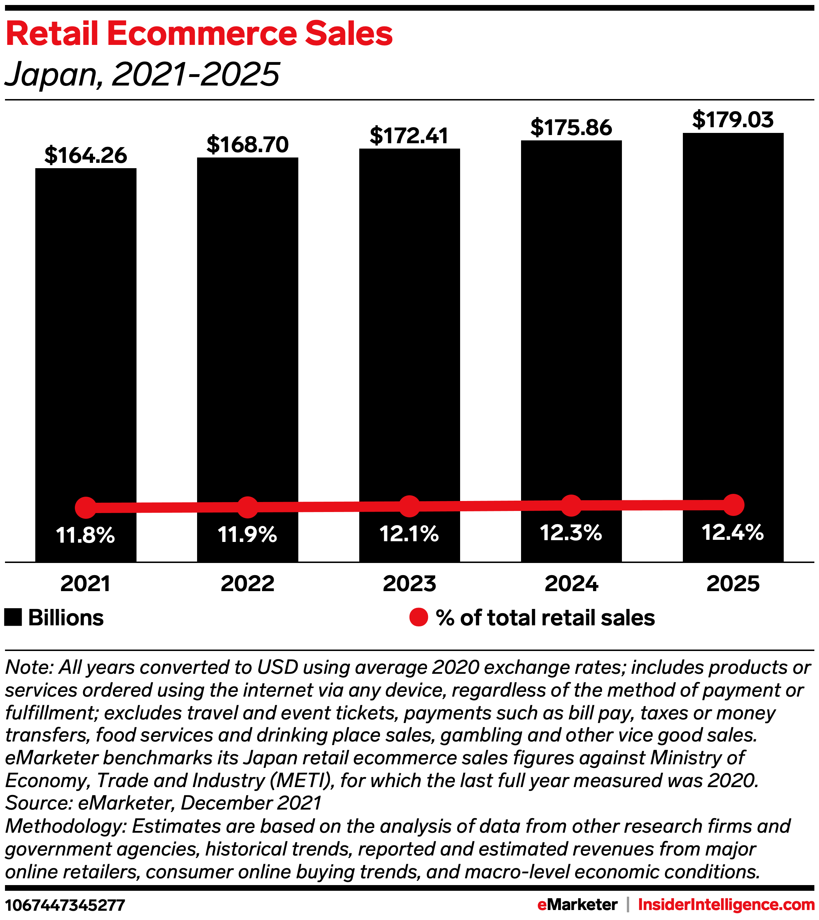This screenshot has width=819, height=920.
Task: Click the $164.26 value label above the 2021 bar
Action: [86, 155]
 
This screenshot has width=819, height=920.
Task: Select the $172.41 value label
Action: [409, 136]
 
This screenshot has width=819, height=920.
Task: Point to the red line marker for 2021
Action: [86, 508]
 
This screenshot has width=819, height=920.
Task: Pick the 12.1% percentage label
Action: [409, 534]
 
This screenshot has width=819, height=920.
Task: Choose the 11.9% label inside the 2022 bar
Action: [247, 535]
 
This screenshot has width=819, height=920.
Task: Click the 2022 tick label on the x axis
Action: [247, 584]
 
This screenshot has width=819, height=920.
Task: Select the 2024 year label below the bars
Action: [571, 584]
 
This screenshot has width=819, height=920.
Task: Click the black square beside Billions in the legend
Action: [13, 617]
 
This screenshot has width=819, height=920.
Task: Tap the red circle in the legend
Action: [418, 617]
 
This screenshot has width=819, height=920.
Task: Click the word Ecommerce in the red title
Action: [202, 34]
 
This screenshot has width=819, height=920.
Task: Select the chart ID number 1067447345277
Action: [65, 905]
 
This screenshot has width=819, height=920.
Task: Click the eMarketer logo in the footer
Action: [577, 905]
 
